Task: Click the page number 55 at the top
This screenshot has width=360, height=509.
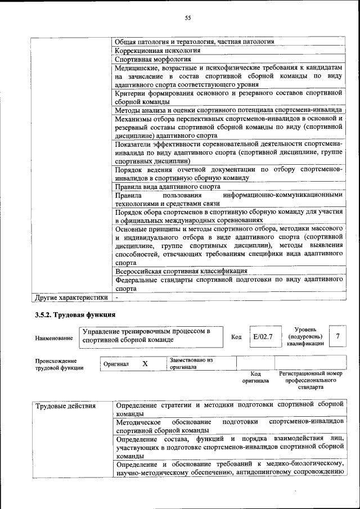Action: (188, 18)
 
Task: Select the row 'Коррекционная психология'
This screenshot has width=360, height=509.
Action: (153, 50)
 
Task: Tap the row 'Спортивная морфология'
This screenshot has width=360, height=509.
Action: (153, 58)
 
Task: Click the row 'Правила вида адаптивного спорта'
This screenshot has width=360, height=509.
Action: (167, 187)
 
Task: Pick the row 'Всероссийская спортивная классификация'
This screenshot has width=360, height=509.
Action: (181, 271)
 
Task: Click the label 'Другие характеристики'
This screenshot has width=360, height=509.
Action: (71, 296)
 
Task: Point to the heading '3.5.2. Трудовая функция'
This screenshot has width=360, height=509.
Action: (75, 315)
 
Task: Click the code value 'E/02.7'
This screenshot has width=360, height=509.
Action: (263, 336)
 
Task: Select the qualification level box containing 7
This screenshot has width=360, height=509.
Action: (337, 336)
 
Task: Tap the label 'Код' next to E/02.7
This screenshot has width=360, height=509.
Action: (236, 337)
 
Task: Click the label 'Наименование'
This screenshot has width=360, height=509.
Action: (54, 338)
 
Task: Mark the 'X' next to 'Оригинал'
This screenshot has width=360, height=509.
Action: (145, 364)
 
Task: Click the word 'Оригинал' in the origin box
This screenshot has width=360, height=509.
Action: (116, 364)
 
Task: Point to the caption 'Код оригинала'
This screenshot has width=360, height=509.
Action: (256, 377)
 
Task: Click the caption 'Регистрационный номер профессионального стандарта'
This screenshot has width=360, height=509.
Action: (310, 380)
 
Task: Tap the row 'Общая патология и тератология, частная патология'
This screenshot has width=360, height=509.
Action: (194, 42)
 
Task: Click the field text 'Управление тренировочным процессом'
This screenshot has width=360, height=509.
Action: (145, 332)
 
